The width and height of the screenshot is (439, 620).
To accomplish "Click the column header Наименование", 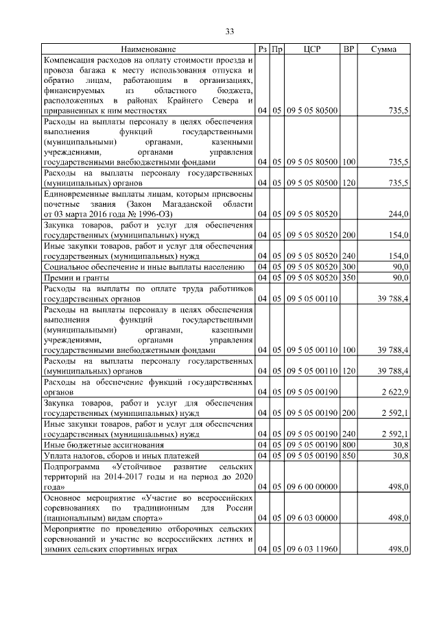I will (149, 49).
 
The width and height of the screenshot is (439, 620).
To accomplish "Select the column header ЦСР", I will (312, 49).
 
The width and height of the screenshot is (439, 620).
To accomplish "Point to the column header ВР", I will (348, 49).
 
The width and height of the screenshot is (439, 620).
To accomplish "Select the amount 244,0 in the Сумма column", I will (399, 214).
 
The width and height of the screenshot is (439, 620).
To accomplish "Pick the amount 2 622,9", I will (395, 392).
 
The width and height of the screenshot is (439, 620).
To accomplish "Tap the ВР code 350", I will (348, 277).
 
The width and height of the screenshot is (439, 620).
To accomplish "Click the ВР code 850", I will (348, 455).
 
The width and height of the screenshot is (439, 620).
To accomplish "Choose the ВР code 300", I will (348, 266).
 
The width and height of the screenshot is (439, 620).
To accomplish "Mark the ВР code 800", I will (348, 445).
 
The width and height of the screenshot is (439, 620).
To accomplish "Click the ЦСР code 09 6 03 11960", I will (312, 550).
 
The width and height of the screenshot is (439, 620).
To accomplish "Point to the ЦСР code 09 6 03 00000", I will (312, 519).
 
